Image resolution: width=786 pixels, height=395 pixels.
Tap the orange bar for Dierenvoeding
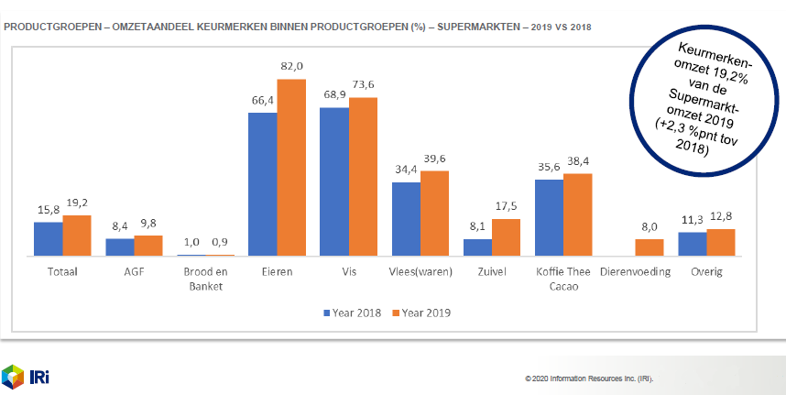650,247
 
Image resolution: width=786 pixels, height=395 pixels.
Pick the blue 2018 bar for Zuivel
477,247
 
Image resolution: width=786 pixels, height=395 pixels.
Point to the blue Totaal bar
49,238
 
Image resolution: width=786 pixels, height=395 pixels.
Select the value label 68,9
334,95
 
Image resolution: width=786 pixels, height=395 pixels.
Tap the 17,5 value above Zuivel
506,206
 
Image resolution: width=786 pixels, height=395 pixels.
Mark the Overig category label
706,271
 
